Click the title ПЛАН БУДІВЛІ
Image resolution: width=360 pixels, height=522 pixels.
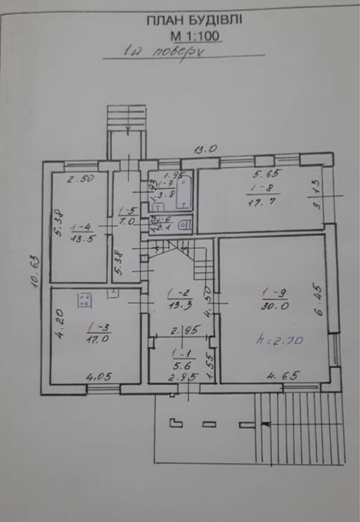(196, 22)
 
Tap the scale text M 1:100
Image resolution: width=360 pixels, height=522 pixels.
(196, 35)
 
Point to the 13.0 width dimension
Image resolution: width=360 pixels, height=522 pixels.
(203, 149)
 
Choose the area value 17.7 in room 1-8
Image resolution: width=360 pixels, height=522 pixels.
(260, 201)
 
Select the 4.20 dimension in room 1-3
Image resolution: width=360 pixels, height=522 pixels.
(61, 328)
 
